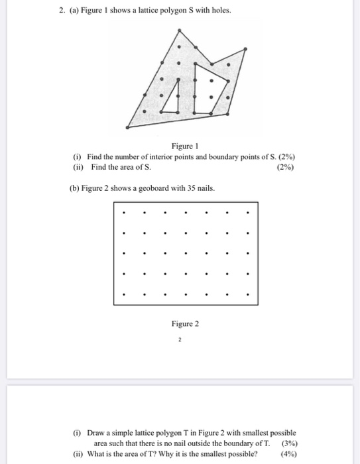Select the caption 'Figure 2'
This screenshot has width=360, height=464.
click(x=184, y=323)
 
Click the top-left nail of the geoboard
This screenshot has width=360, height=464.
click(x=124, y=213)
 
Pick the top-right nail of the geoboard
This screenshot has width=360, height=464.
click(x=247, y=213)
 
